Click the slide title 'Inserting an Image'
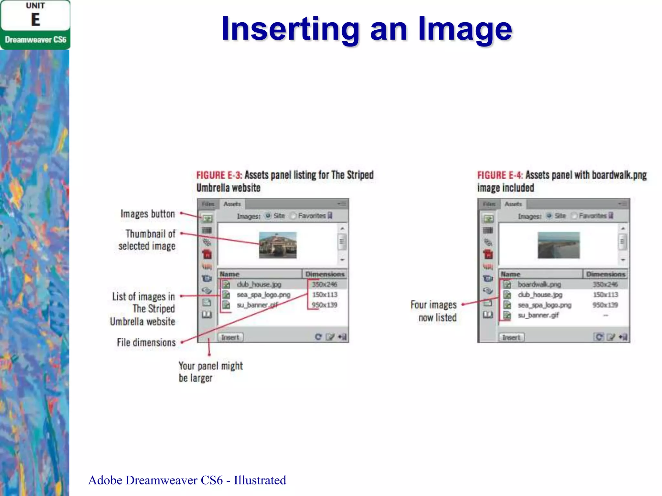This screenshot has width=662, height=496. pos(367,29)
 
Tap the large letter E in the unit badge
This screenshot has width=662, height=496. pos(36,20)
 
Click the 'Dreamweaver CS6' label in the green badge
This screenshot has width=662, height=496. pos(36,40)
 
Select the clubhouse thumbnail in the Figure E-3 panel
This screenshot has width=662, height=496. pos(278,245)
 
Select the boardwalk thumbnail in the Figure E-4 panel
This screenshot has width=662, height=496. pos(559,245)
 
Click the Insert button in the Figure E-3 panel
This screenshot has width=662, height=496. pos(230,337)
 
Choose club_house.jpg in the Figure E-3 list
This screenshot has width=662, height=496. pos(259,284)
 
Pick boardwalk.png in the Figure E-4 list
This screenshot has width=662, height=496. pos(539,284)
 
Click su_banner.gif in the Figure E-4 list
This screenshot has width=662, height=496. pos(538,315)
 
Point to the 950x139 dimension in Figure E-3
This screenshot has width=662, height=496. pos(325,305)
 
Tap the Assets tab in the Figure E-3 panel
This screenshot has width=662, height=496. pos(232,204)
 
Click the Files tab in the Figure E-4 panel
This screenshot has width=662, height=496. pos(489,204)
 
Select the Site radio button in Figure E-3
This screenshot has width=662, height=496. pos(268,216)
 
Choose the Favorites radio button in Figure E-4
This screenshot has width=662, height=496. pos(574,216)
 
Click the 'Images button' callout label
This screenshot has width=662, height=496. pos(147,214)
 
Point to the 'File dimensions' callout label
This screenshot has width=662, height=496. pos(146,342)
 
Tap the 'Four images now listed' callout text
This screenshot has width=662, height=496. pos(434,311)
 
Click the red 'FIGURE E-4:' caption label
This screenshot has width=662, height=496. pos(500,175)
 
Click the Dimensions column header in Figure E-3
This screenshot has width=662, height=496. pos(325,274)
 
